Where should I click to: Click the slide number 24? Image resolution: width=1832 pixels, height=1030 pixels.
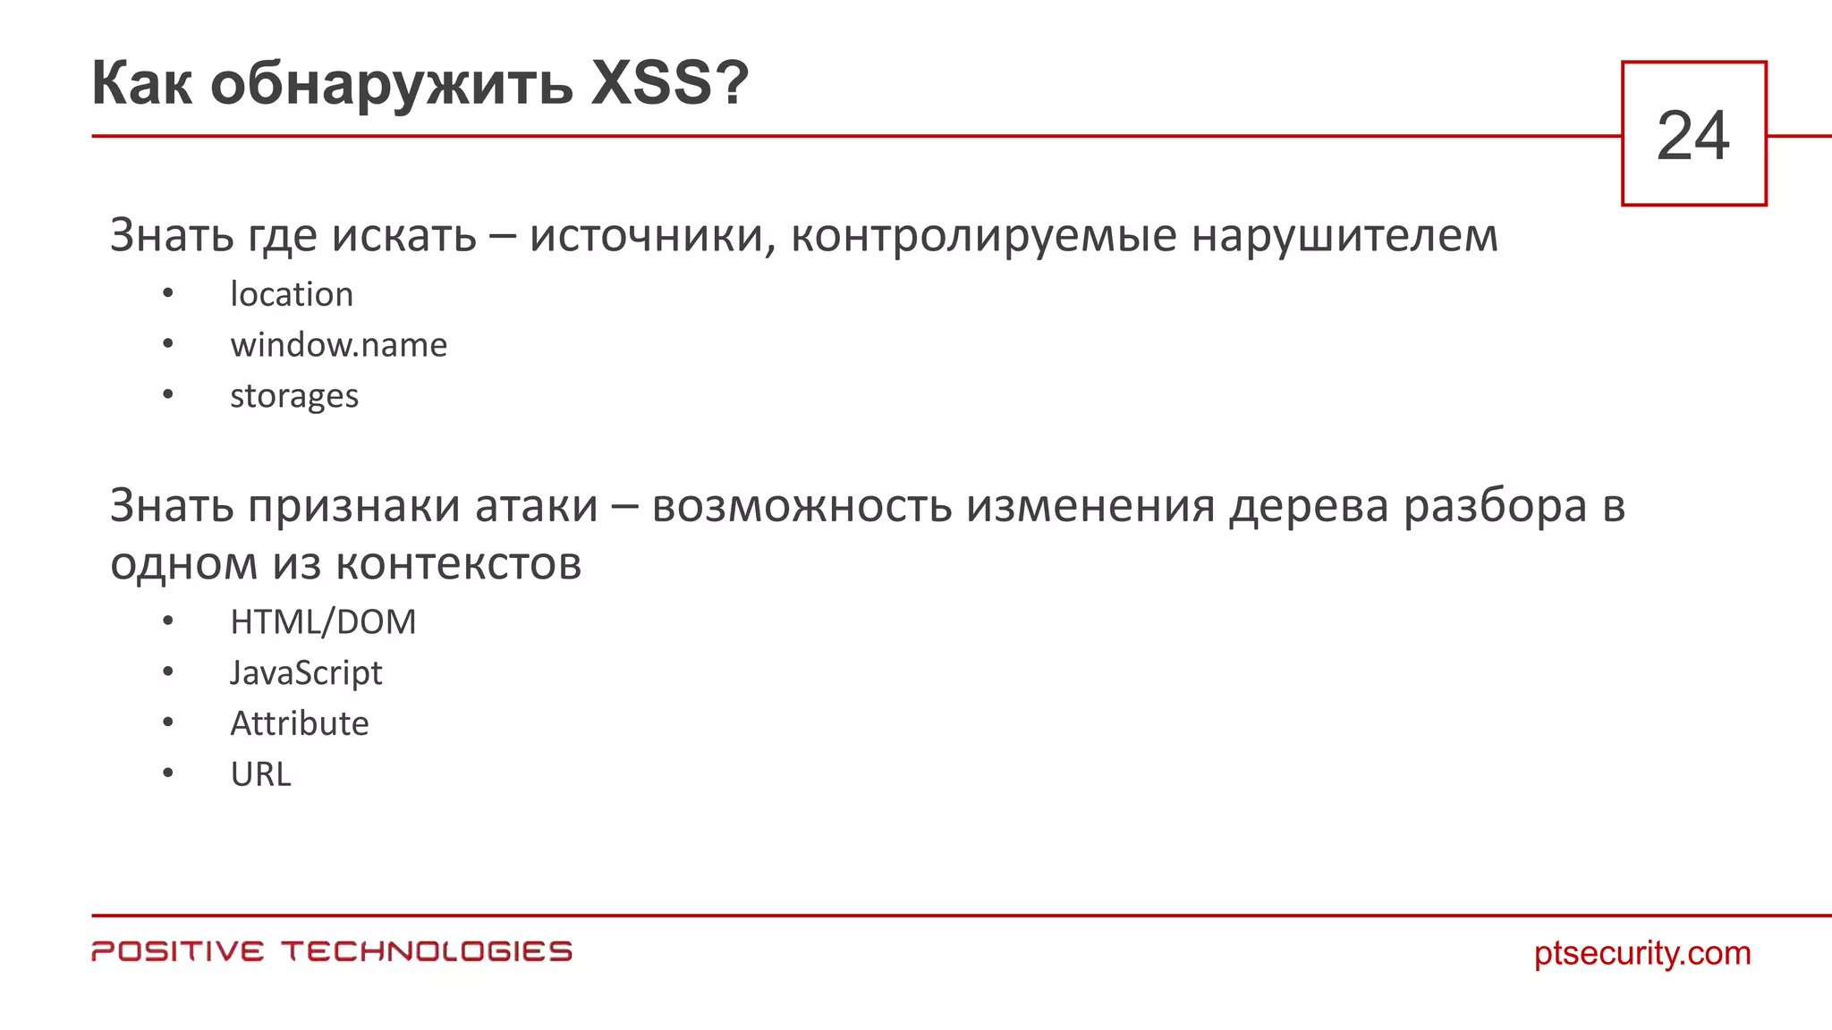[x=1693, y=136]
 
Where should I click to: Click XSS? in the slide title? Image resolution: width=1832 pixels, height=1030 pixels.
[x=669, y=83]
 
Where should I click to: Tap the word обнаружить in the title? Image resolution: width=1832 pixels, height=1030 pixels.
[x=391, y=85]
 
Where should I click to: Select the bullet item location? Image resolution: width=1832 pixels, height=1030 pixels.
[x=292, y=294]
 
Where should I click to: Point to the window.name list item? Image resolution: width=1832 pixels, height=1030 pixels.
[x=338, y=345]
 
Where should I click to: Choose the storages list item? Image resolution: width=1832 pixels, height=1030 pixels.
[x=293, y=396]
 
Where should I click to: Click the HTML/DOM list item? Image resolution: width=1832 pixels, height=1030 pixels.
[x=323, y=622]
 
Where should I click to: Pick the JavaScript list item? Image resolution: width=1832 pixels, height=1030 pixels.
[x=306, y=673]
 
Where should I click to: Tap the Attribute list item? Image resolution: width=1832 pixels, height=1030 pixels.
[x=300, y=723]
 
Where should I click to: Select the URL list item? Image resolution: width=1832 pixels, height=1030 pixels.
[x=260, y=774]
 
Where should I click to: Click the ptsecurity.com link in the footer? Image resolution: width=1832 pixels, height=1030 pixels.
[x=1642, y=953]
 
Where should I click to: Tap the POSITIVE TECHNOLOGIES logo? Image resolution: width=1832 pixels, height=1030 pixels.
[x=332, y=951]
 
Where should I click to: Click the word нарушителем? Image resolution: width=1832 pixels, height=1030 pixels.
[x=1344, y=236]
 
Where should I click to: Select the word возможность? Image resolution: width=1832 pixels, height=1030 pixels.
[x=801, y=507]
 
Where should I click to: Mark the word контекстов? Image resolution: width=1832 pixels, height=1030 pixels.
[x=458, y=564]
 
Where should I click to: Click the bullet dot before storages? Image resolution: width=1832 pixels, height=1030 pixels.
[x=168, y=394]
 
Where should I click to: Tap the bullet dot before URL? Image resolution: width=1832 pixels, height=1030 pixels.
[x=168, y=772]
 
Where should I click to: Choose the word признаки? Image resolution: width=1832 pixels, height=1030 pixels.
[x=354, y=507]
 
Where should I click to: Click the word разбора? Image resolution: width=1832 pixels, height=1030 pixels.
[x=1494, y=507]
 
